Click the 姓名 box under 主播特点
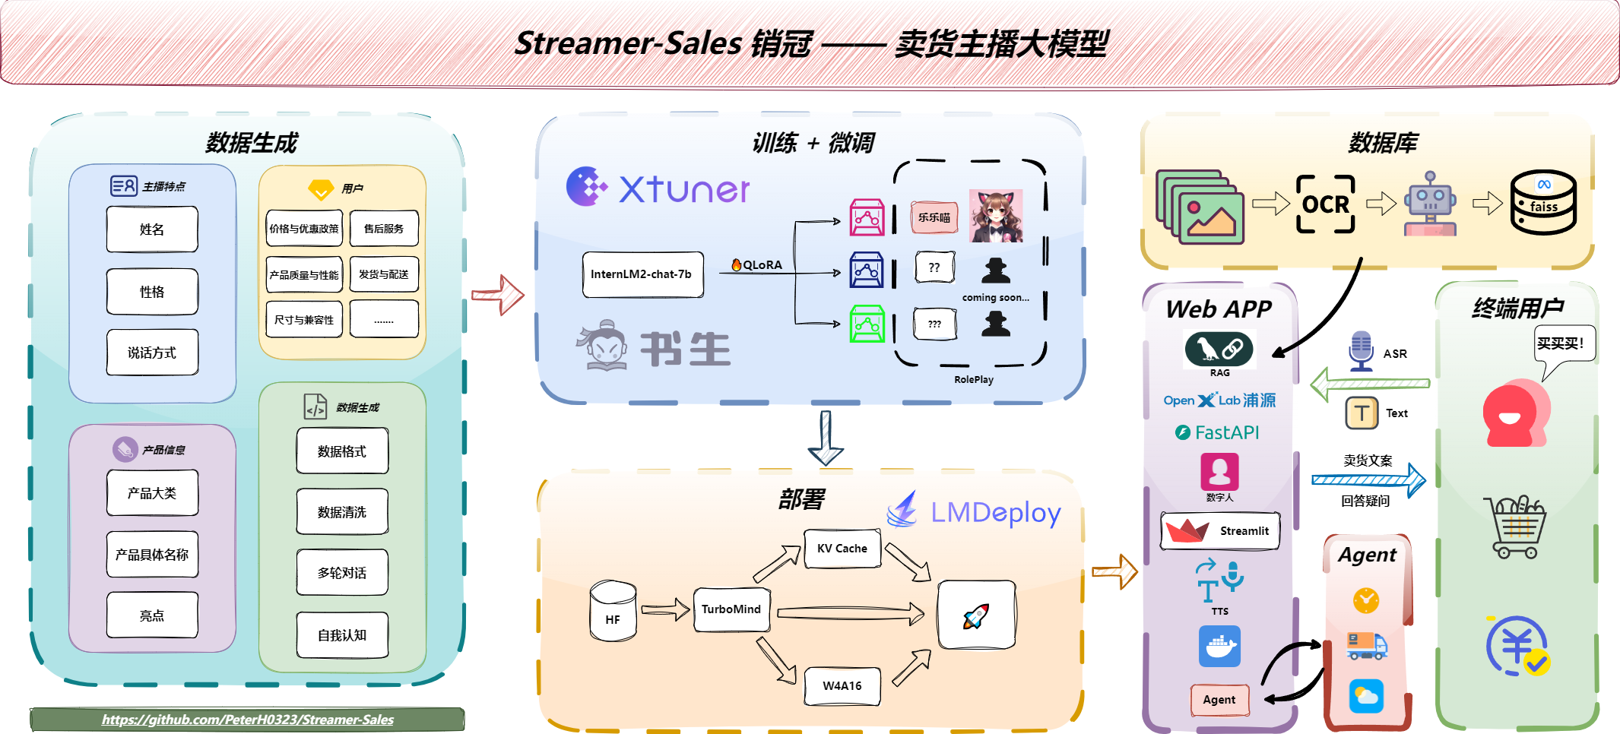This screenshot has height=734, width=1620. [152, 229]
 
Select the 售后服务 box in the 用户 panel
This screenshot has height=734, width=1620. [384, 229]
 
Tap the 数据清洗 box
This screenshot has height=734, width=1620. [342, 512]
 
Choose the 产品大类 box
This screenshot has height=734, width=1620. [152, 493]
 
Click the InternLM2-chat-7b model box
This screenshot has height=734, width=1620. [642, 274]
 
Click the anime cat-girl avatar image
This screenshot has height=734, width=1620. [996, 216]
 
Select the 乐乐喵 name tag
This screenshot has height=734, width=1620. [934, 217]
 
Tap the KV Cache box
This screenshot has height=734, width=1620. [842, 549]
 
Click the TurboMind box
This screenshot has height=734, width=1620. [731, 609]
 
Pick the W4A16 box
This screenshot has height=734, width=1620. [842, 685]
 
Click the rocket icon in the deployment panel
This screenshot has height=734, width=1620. [976, 615]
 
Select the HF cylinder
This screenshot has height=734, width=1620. [613, 612]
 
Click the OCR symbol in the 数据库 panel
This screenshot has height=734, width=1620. [1326, 204]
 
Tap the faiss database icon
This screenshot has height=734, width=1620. [1543, 202]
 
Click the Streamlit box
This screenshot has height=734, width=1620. [1219, 531]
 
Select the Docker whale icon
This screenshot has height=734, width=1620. [1219, 647]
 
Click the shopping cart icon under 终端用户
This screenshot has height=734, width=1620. [1517, 527]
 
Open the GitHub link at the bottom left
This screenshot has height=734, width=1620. [248, 720]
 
